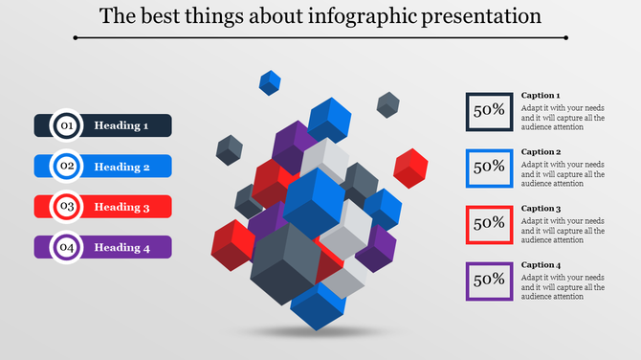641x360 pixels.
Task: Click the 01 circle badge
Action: coord(67,125)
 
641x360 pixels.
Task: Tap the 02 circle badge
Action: coord(67,167)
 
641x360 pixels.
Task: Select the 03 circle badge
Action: coord(67,207)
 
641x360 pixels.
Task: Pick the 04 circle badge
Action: coord(67,248)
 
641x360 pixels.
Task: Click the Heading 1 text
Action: coord(122,125)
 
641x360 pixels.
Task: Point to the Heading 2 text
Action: coord(122,167)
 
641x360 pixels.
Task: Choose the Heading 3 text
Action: coord(122,207)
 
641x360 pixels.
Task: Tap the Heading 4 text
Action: coord(122,248)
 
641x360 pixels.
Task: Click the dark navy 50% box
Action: coord(489,111)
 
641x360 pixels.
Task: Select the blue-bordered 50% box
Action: coord(489,168)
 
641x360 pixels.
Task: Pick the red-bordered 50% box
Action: coord(489,223)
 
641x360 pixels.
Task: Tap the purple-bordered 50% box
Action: coord(489,281)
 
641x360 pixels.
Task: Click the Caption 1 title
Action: coord(541,96)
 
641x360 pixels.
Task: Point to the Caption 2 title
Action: coord(541,152)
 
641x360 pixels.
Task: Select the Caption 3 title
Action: coord(541,209)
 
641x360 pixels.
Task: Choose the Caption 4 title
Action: coord(541,265)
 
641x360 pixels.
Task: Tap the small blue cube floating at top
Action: coord(271,82)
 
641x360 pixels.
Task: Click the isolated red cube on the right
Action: coord(410,169)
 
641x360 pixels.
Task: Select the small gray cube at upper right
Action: coord(387,104)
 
